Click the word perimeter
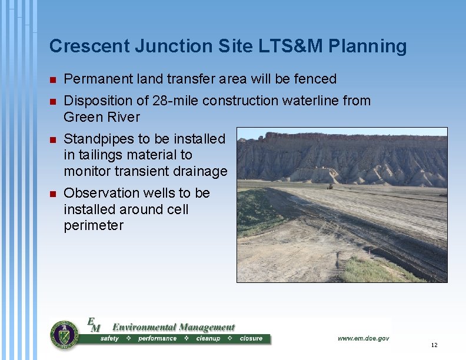click(94, 225)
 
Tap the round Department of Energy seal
click(64, 335)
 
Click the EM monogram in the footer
click(94, 325)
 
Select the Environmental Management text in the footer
click(173, 327)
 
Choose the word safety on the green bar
click(109, 339)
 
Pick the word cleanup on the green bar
click(208, 339)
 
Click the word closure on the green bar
click(251, 339)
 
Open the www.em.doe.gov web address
click(363, 338)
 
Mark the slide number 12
click(434, 345)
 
